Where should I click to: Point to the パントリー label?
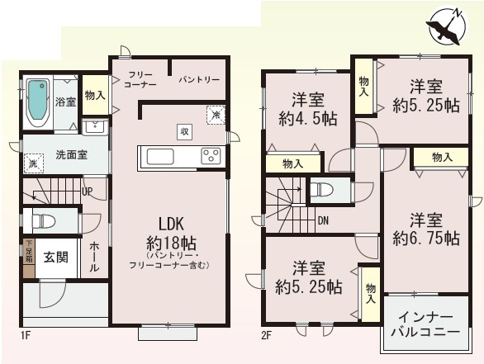coord(199,80)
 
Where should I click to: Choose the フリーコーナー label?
coord(140,79)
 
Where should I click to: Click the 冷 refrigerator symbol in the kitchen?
coord(215,116)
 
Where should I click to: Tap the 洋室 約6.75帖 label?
coord(427,229)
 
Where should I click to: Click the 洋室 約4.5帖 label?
coord(306,110)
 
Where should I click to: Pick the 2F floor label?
coord(265,335)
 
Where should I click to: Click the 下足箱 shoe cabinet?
coord(29,252)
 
